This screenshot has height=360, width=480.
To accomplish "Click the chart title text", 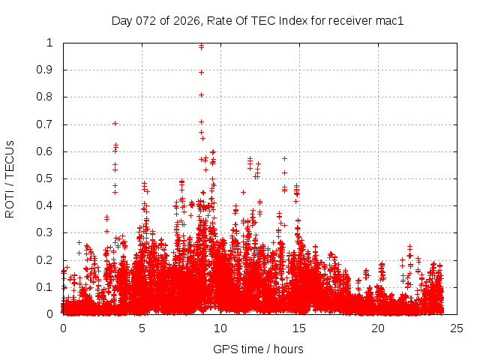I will pyautogui.click(x=257, y=21).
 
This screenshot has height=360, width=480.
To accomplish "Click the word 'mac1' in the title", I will pyautogui.click(x=390, y=21).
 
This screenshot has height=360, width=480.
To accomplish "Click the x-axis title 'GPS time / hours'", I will pyautogui.click(x=258, y=349).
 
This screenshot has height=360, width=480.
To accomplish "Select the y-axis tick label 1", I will pyautogui.click(x=52, y=43).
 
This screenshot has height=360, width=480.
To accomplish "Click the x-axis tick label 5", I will pyautogui.click(x=142, y=328).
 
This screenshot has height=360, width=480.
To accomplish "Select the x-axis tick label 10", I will pyautogui.click(x=220, y=328).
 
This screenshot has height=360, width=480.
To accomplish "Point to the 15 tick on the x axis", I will pyautogui.click(x=299, y=328).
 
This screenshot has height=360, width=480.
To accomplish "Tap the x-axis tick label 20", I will pyautogui.click(x=378, y=328).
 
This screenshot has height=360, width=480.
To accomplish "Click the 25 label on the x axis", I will pyautogui.click(x=457, y=328).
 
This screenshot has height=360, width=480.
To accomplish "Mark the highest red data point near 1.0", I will pyautogui.click(x=201, y=46).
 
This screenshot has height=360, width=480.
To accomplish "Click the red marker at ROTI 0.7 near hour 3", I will pyautogui.click(x=115, y=123).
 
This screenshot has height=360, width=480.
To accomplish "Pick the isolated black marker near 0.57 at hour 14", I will pyautogui.click(x=284, y=158).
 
